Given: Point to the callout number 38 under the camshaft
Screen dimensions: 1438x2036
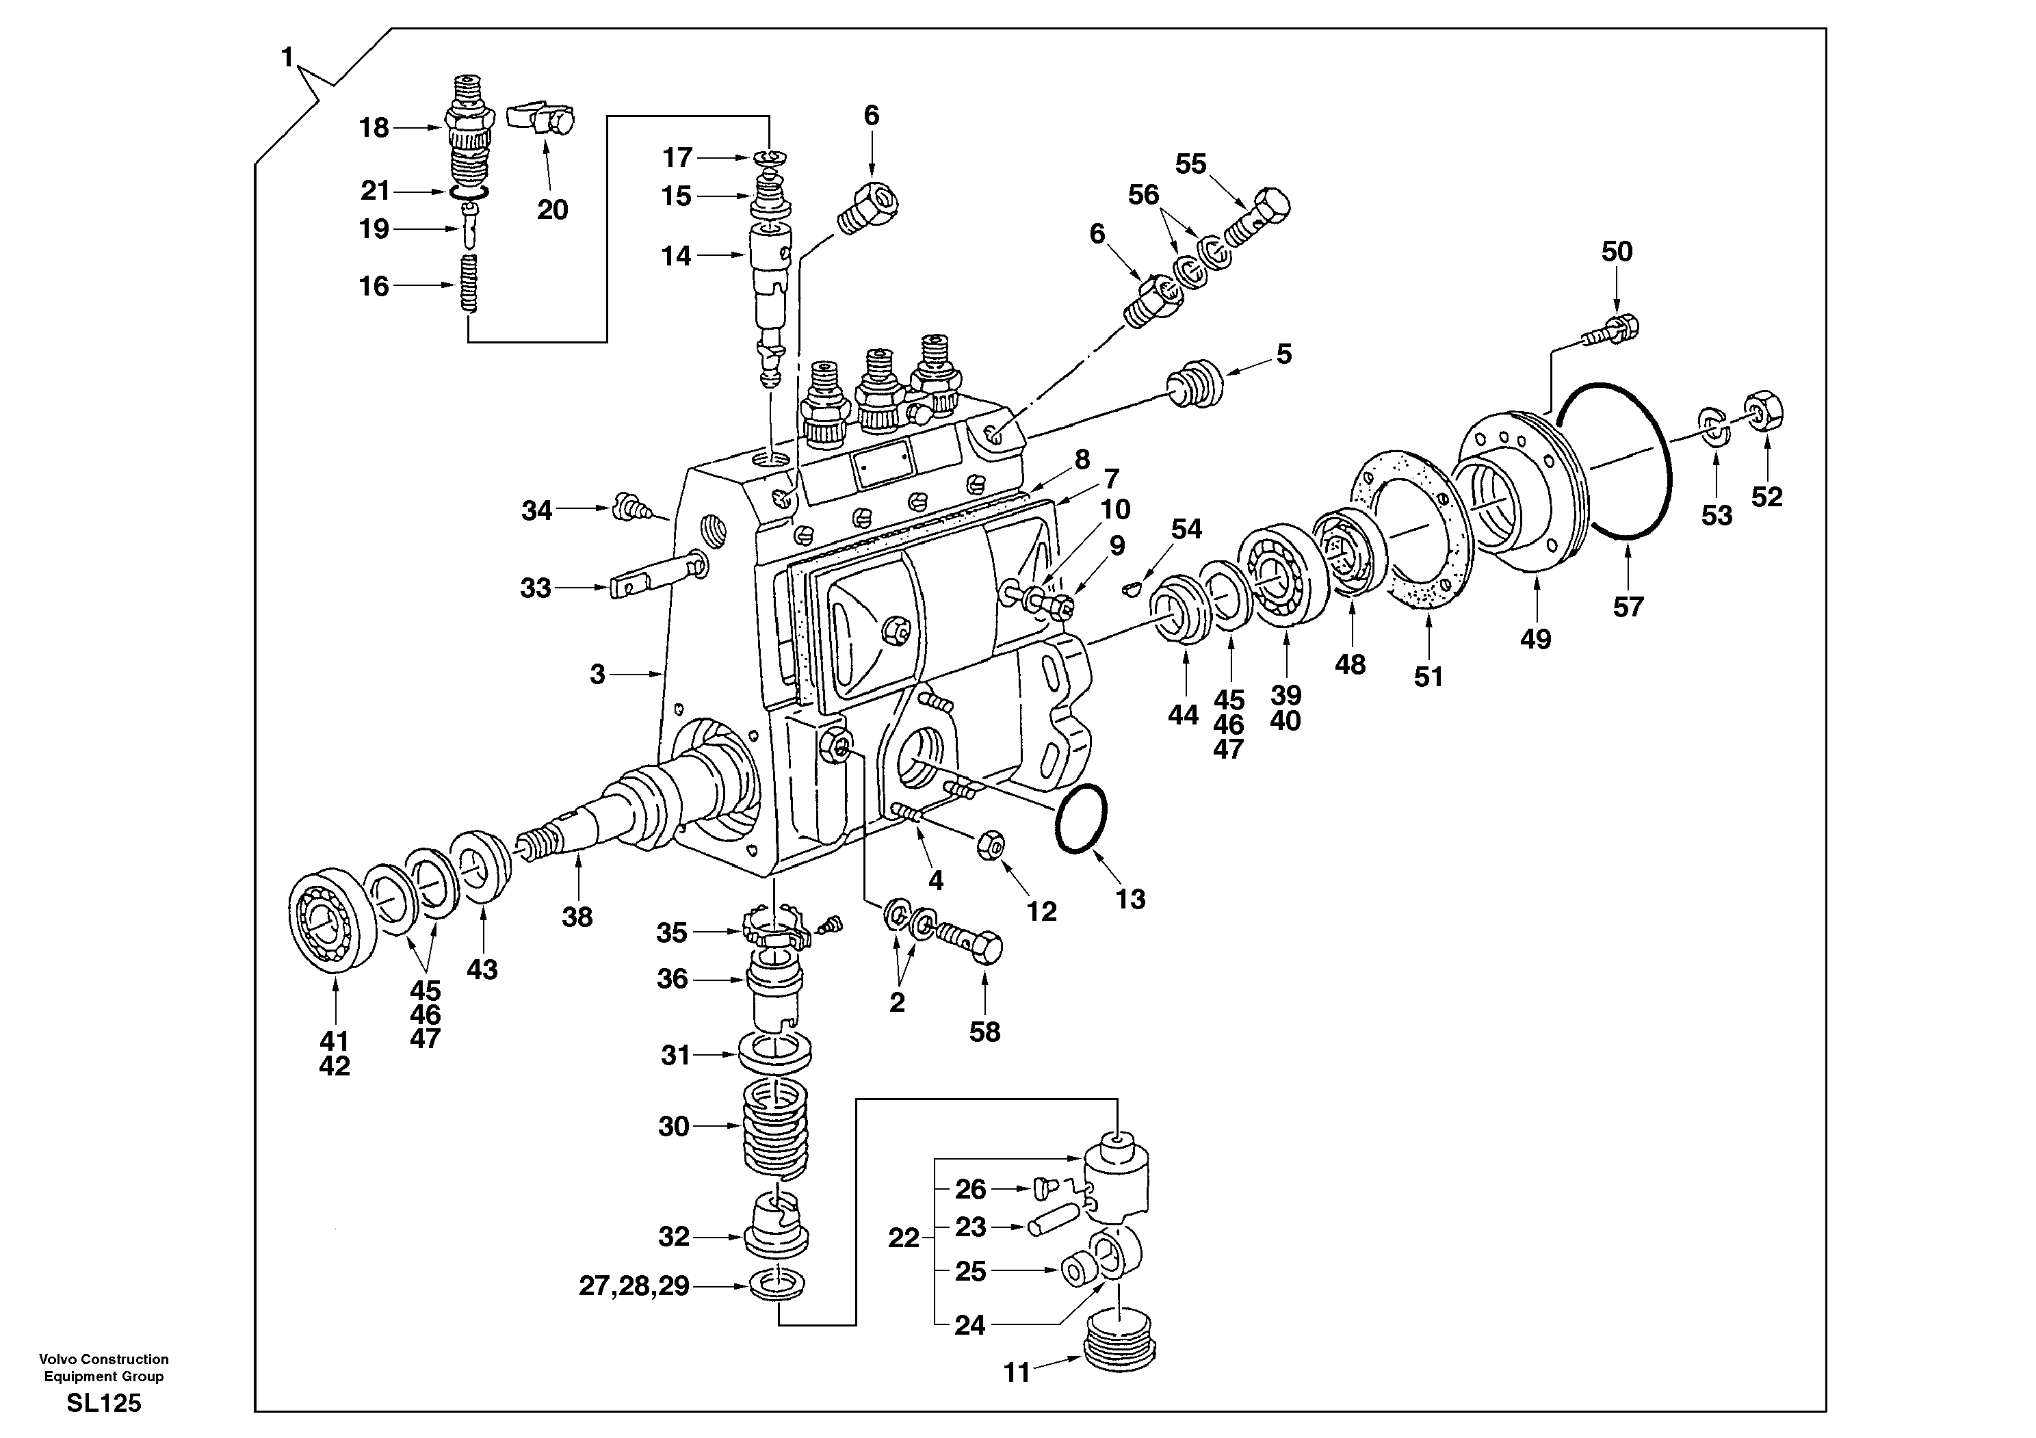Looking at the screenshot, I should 577,917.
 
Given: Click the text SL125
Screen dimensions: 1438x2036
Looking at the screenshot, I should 104,1402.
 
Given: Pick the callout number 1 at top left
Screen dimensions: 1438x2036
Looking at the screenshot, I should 287,57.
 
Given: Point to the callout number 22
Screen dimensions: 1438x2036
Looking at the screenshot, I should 904,1238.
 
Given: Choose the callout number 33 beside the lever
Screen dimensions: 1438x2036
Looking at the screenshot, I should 536,588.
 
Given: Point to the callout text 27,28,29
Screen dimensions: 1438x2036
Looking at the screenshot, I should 634,1285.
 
